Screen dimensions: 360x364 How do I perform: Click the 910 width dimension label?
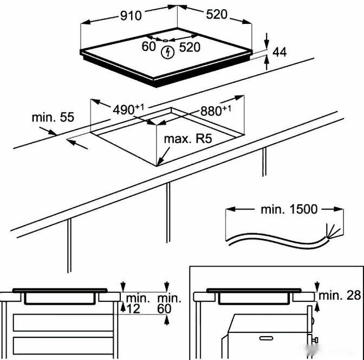point(131,16)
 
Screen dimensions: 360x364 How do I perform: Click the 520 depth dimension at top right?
point(216,15)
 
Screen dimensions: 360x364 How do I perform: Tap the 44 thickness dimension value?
point(279,53)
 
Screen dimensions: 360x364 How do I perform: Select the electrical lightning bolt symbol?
point(168,53)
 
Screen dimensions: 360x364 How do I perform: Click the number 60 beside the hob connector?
point(149,47)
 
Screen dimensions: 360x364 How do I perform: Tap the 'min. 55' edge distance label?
point(52,117)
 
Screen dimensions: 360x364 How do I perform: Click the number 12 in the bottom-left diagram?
point(133,309)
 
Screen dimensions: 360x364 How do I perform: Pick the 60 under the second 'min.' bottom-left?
point(165,309)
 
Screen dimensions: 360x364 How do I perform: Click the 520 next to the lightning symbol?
point(190,47)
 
